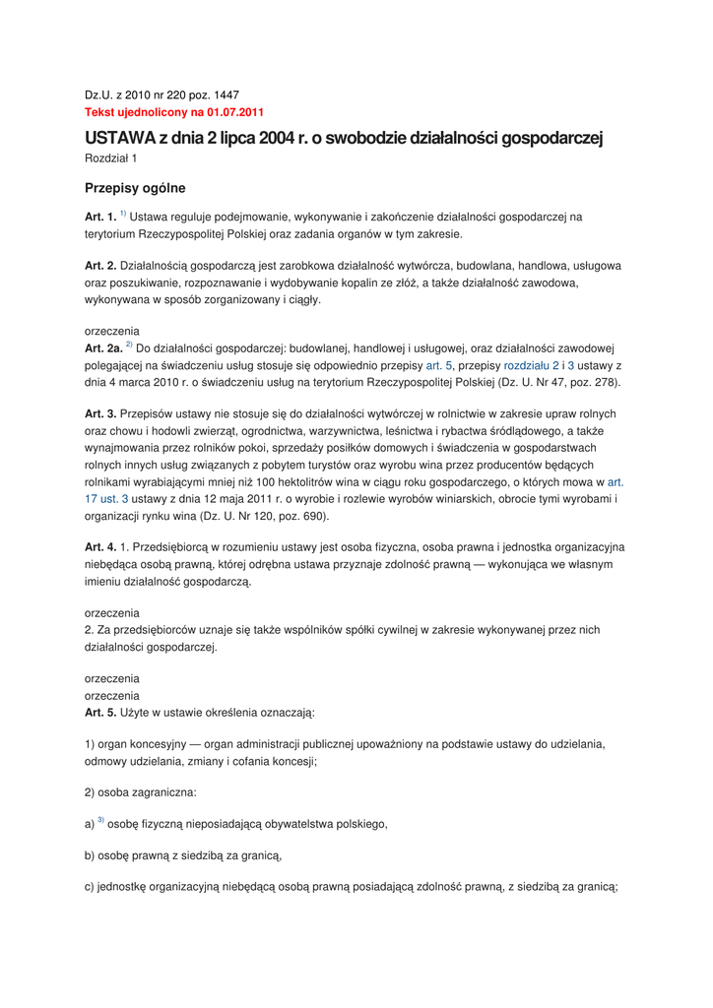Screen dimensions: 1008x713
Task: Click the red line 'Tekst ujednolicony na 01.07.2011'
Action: click(174, 112)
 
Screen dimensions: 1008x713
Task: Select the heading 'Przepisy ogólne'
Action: click(135, 188)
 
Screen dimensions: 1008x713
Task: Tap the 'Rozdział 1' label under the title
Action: click(110, 157)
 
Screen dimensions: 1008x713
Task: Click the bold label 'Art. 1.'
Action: click(101, 217)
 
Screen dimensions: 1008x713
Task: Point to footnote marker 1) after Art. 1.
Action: click(123, 214)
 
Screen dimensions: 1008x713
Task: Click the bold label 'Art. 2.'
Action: click(101, 266)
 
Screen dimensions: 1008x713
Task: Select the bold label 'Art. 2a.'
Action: click(104, 347)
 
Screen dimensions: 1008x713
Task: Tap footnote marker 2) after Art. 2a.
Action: click(129, 345)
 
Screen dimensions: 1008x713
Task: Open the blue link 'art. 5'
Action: click(438, 364)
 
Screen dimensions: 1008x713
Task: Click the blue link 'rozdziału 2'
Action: click(531, 364)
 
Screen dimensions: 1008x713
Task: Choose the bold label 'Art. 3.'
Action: click(101, 413)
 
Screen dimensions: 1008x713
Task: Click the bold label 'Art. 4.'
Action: click(101, 546)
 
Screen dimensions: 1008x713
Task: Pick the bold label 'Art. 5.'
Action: click(101, 712)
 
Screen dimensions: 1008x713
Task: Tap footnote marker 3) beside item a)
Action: click(99, 820)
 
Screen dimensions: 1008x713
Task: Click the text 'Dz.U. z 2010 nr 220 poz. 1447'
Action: click(162, 95)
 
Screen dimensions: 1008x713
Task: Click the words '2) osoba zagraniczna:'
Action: click(140, 792)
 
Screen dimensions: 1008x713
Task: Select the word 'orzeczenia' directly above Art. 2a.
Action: click(112, 332)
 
